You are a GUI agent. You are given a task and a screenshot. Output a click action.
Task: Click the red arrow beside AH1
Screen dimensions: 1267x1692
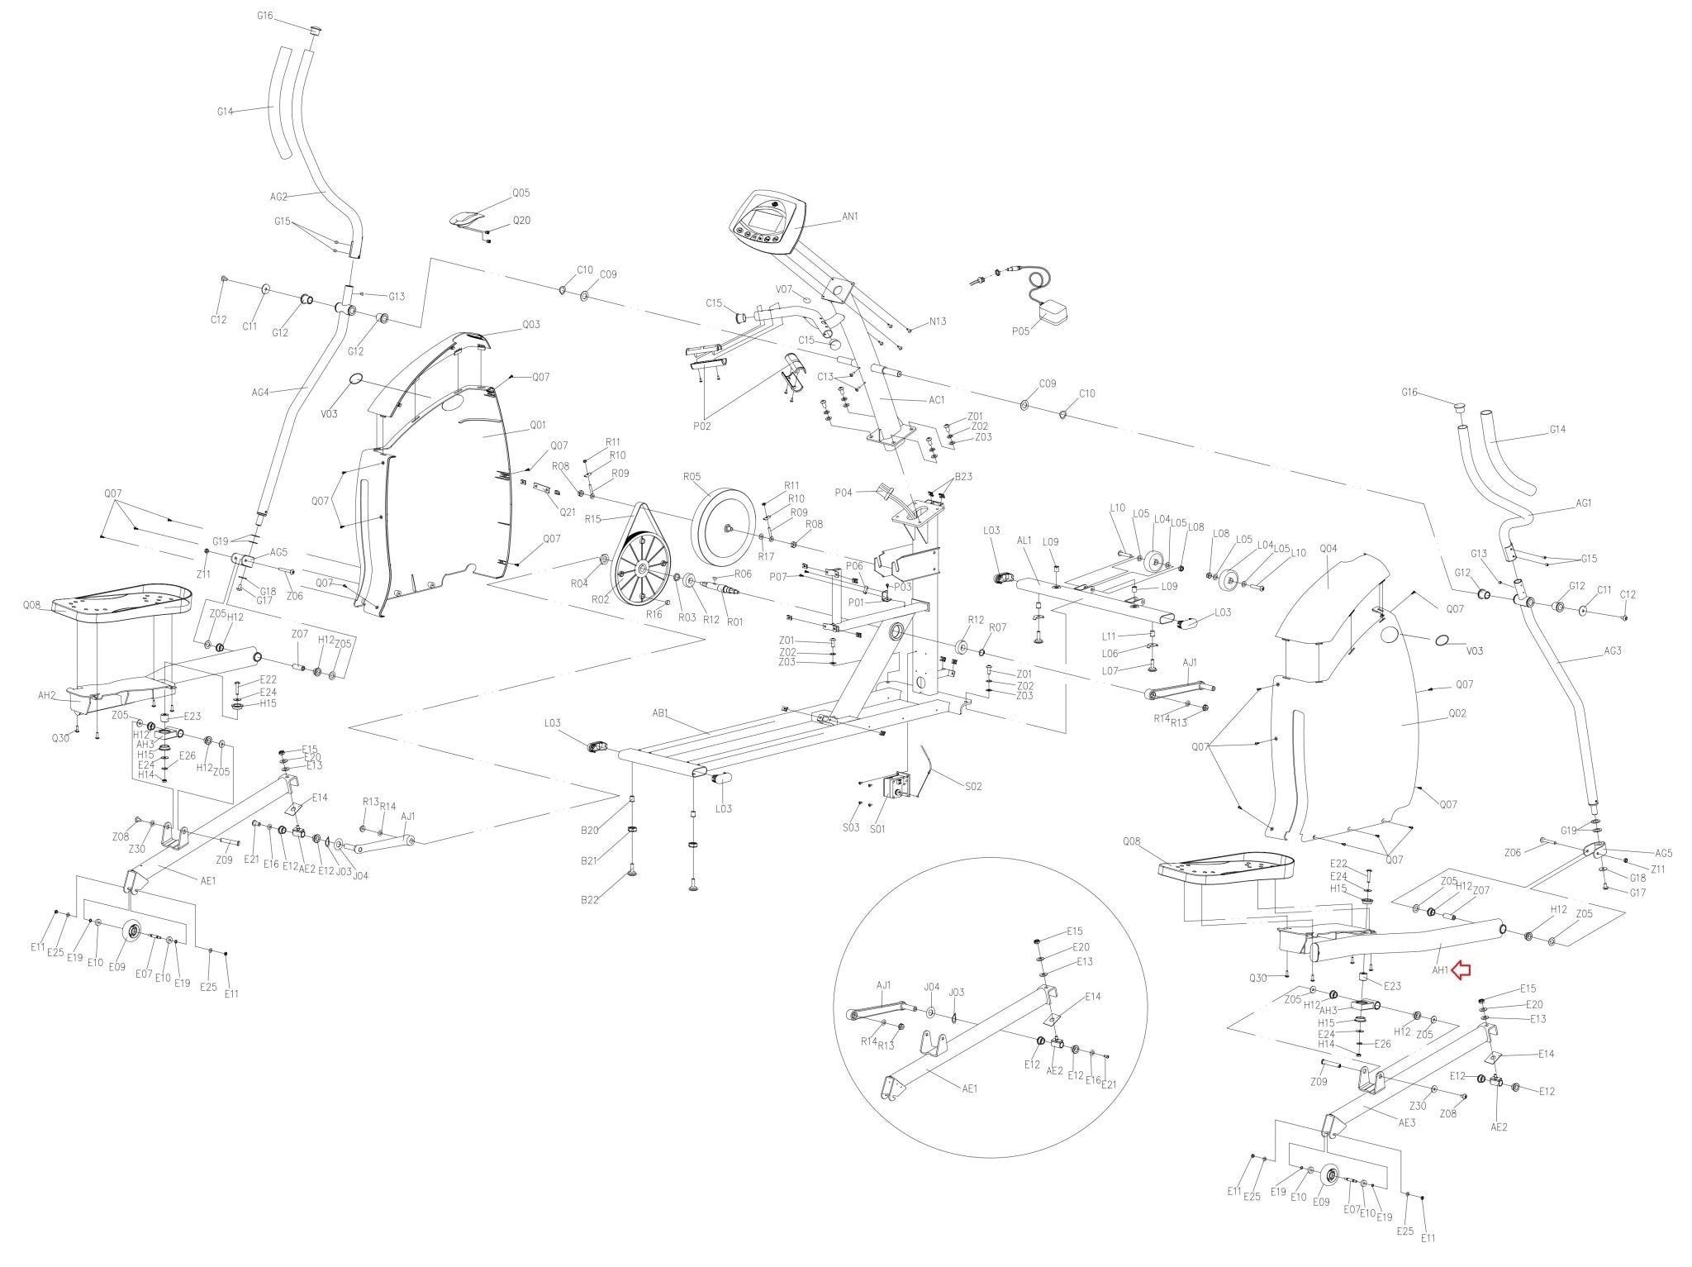[x=1461, y=970]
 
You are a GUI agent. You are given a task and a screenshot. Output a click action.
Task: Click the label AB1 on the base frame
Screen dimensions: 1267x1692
[x=661, y=712]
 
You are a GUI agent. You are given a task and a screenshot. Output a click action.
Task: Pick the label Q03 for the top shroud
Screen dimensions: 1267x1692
[x=531, y=325]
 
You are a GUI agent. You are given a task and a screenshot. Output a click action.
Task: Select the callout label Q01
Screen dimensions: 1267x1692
[x=538, y=426]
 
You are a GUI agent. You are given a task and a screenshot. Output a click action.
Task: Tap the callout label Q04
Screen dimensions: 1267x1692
[x=1328, y=548]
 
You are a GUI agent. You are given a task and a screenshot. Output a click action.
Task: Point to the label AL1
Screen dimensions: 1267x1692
[x=1025, y=541]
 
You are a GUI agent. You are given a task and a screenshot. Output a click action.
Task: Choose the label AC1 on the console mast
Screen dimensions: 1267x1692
[x=936, y=400]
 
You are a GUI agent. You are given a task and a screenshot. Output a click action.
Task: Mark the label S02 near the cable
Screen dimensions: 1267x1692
[x=973, y=786]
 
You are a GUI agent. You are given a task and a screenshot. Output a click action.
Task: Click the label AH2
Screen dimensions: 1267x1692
[x=47, y=696]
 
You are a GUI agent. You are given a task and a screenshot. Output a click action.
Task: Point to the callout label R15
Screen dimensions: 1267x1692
[x=592, y=519]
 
